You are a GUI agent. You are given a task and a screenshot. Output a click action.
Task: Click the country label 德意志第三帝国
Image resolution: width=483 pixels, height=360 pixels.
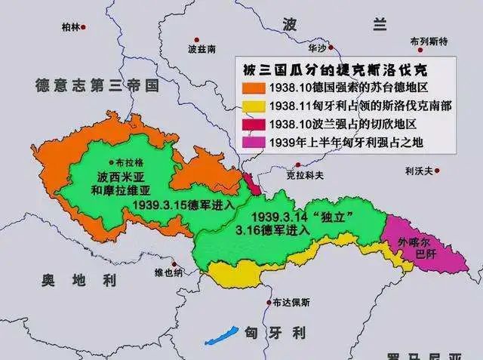tap(96, 85)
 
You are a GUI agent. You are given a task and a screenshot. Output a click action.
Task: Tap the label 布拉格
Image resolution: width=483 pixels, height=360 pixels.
tap(129, 162)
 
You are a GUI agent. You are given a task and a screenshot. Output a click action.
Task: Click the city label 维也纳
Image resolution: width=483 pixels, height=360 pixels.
tap(168, 272)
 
